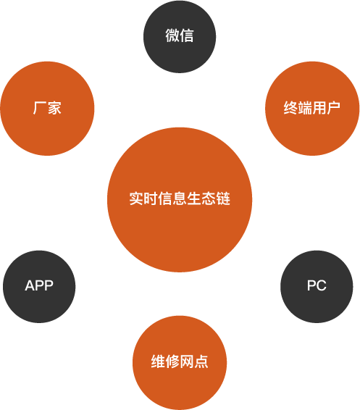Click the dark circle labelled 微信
coord(180,37)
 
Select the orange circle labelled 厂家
coord(47,108)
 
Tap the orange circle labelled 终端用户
coord(312,108)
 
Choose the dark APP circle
coord(39,287)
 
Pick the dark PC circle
coord(317,287)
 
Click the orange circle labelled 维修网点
coord(180,363)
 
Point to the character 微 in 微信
coord(172,35)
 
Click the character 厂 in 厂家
coord(40,107)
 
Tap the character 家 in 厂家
coord(54,107)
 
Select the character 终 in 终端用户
coord(290,107)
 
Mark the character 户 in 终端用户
coord(333,107)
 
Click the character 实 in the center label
coord(136,198)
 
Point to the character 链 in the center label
coord(223,198)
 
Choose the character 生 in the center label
coord(194,198)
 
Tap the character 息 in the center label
coord(180,198)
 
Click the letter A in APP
coord(30,285)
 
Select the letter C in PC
coord(322,285)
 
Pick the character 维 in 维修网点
coord(158,361)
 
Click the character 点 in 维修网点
coord(201,361)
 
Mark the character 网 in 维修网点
coord(187,361)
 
